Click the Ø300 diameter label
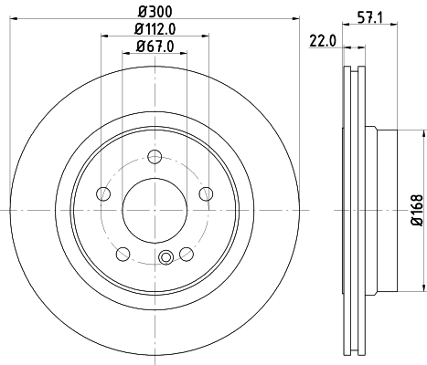tap(153, 12)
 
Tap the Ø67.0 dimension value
tap(154, 47)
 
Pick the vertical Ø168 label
tap(415, 210)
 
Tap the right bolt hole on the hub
tap(206, 193)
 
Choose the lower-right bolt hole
tap(186, 253)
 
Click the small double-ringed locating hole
tap(165, 258)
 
